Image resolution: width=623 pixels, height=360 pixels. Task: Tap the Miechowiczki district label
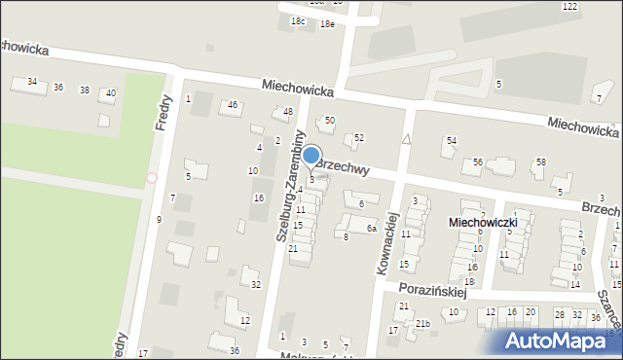pyautogui.click(x=489, y=223)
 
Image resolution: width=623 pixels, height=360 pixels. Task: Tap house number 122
pyautogui.click(x=569, y=6)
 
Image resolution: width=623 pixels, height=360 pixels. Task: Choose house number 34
pyautogui.click(x=32, y=82)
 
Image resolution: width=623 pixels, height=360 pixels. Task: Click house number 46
pyautogui.click(x=232, y=105)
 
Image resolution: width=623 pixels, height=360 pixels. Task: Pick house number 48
pyautogui.click(x=288, y=112)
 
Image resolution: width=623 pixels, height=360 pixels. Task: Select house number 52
pyautogui.click(x=358, y=138)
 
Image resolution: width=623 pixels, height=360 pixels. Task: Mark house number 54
pyautogui.click(x=451, y=141)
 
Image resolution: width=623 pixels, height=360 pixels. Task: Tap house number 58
pyautogui.click(x=540, y=162)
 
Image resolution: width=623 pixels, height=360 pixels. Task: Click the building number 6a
pyautogui.click(x=371, y=228)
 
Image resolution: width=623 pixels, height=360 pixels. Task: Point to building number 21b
pyautogui.click(x=422, y=323)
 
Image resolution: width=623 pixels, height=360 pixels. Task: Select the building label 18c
pyautogui.click(x=298, y=21)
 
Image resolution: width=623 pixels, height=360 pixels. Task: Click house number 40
pyautogui.click(x=110, y=93)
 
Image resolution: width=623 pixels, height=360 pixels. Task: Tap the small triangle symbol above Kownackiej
pyautogui.click(x=406, y=140)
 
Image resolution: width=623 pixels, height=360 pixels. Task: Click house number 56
pyautogui.click(x=478, y=162)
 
